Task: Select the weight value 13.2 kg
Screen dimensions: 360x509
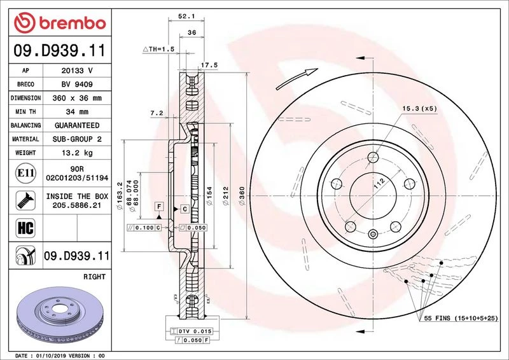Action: pyautogui.click(x=76, y=153)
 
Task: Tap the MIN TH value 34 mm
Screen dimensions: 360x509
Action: pyautogui.click(x=76, y=112)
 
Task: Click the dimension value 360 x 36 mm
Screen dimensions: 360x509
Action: pyautogui.click(x=76, y=99)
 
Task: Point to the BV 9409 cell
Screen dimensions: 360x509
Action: pyautogui.click(x=76, y=85)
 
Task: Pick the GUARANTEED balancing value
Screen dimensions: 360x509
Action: pyautogui.click(x=76, y=126)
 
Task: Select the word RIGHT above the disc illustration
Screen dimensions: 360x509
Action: pyautogui.click(x=94, y=277)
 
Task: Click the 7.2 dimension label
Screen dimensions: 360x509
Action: pyautogui.click(x=157, y=113)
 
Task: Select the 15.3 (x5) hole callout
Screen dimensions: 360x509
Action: pyautogui.click(x=419, y=109)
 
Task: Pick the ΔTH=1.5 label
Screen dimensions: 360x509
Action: pyautogui.click(x=158, y=49)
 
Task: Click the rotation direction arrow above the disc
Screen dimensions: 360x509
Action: pyautogui.click(x=299, y=78)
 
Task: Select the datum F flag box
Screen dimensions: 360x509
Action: pyautogui.click(x=158, y=207)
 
